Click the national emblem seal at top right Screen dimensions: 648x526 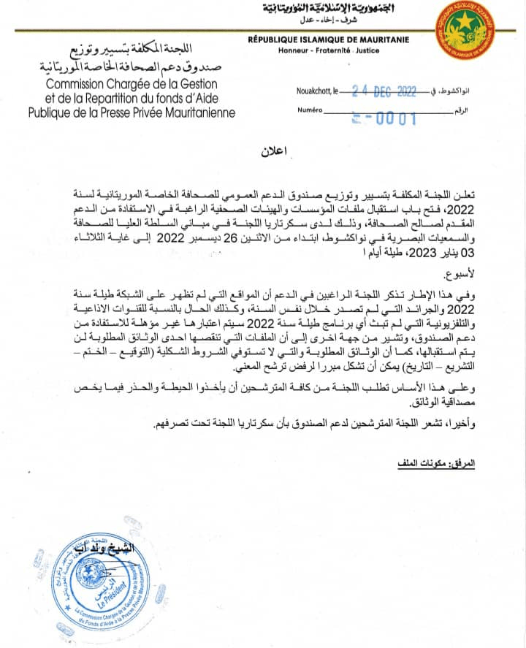[465, 31]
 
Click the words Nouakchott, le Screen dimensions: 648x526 [317, 93]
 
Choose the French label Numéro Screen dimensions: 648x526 [310, 110]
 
